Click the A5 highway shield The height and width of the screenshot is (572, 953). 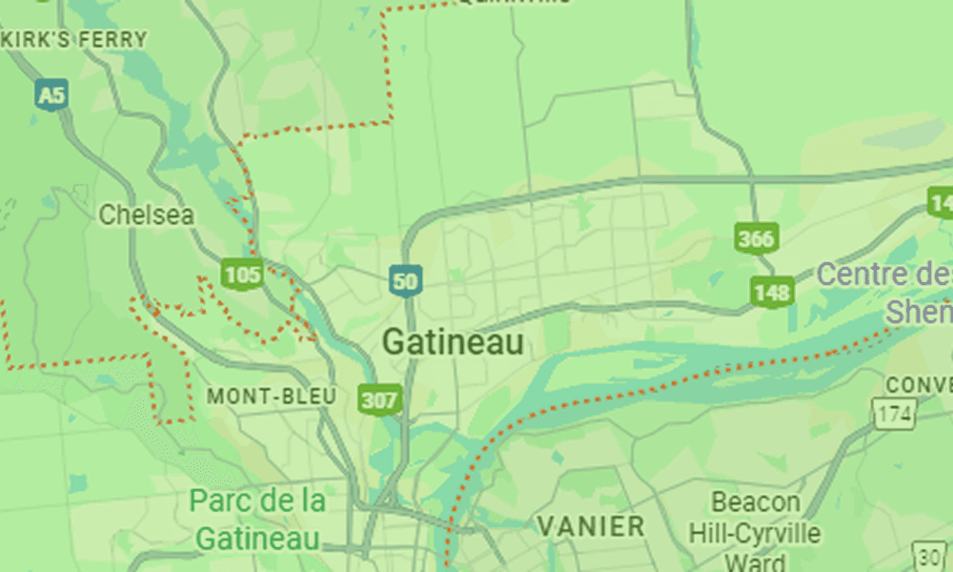pyautogui.click(x=51, y=94)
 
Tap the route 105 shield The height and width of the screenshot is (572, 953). pyautogui.click(x=242, y=276)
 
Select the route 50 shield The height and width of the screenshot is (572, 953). pyautogui.click(x=405, y=280)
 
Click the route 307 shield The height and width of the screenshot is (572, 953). pyautogui.click(x=378, y=399)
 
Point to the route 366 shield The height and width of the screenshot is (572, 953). pyautogui.click(x=755, y=237)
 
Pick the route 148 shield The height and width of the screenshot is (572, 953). pyautogui.click(x=772, y=292)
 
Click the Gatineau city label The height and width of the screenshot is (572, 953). pyautogui.click(x=453, y=342)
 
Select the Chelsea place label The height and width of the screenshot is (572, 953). pyautogui.click(x=146, y=214)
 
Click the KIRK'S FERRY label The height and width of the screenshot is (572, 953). pyautogui.click(x=74, y=39)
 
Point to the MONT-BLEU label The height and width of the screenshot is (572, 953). pyautogui.click(x=272, y=396)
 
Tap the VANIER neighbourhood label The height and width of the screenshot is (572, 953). pyautogui.click(x=591, y=525)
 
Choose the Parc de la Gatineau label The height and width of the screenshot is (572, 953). pyautogui.click(x=257, y=519)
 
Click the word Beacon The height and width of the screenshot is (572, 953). pyautogui.click(x=756, y=502)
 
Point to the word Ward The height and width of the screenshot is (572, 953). pyautogui.click(x=755, y=561)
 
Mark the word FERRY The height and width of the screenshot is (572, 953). pyautogui.click(x=112, y=39)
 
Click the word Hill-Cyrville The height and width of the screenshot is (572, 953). pyautogui.click(x=757, y=532)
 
